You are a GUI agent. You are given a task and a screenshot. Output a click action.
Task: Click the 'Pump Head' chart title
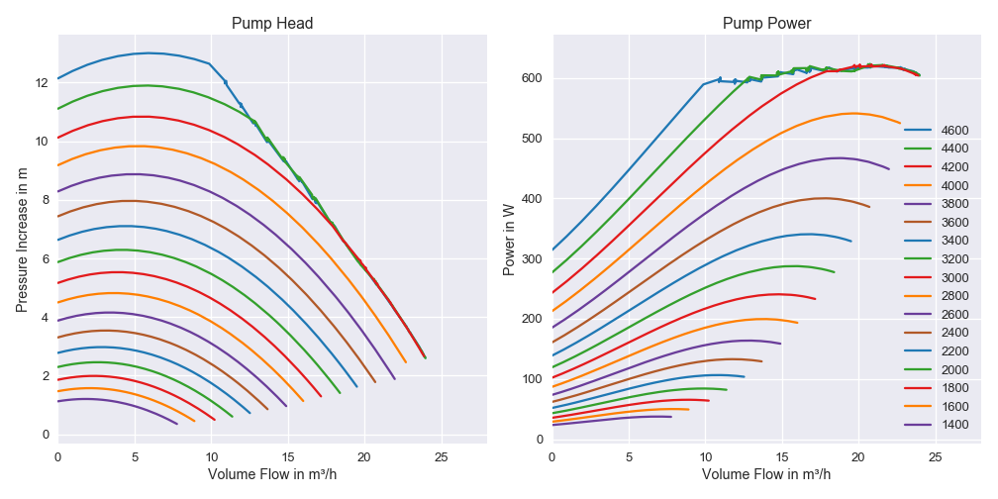tap(272, 23)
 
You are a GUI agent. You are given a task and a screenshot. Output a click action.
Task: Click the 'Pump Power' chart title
tap(765, 23)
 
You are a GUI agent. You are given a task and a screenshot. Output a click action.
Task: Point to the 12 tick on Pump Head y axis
tap(41, 83)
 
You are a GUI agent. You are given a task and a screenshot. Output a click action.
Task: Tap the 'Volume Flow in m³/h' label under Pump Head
tap(272, 474)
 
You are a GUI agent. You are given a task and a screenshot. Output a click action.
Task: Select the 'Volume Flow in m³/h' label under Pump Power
tap(765, 474)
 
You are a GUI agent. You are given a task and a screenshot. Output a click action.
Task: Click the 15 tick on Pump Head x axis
tap(288, 456)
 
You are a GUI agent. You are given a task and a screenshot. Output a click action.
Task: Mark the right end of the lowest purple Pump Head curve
tap(177, 424)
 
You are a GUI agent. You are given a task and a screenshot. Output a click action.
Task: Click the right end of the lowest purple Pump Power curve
tap(671, 417)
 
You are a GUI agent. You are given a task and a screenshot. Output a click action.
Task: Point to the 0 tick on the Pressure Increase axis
tap(46, 435)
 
